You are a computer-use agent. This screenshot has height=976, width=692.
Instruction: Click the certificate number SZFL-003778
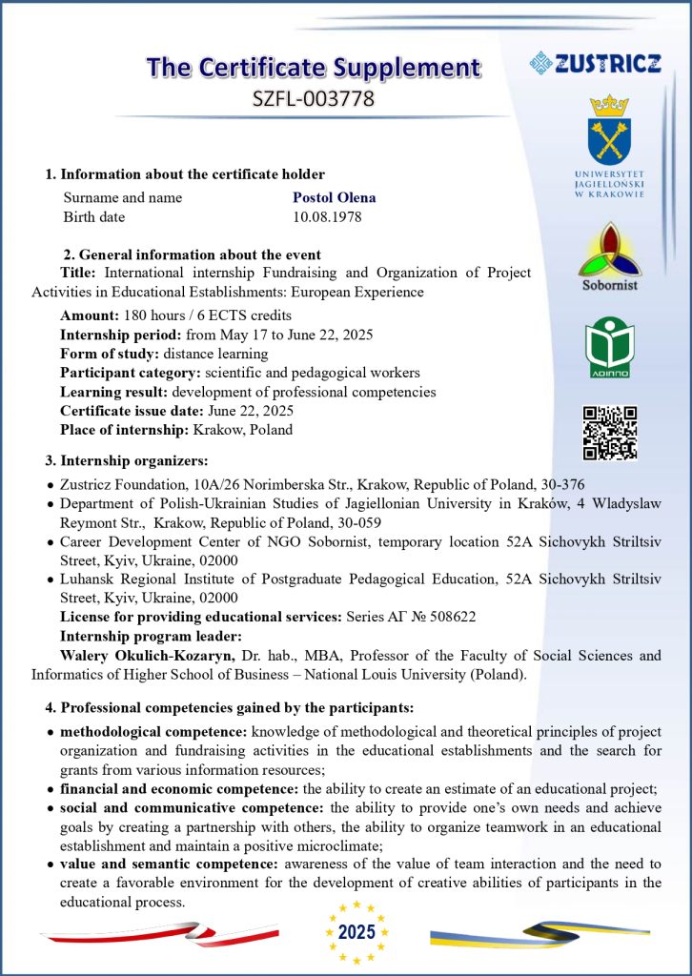[x=312, y=97]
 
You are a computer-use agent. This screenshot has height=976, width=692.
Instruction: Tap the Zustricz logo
[x=596, y=63]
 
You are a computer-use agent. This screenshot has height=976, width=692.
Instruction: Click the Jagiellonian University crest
[x=609, y=130]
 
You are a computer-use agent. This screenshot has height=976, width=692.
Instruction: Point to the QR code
[x=609, y=432]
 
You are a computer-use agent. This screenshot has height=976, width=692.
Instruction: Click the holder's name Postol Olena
[x=334, y=197]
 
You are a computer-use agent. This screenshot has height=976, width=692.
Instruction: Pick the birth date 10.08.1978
[x=327, y=216]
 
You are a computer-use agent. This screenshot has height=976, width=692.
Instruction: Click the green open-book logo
[x=609, y=346]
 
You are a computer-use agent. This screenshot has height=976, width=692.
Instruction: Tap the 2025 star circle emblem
[x=356, y=931]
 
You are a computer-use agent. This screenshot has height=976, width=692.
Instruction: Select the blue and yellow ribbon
[x=539, y=932]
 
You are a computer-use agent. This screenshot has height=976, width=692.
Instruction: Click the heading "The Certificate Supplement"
[x=314, y=67]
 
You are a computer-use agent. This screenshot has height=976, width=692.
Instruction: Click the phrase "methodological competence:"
[x=153, y=731]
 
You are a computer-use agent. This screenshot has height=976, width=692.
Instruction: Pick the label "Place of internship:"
[x=125, y=429]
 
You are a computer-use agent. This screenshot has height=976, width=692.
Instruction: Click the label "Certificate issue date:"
[x=131, y=410]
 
